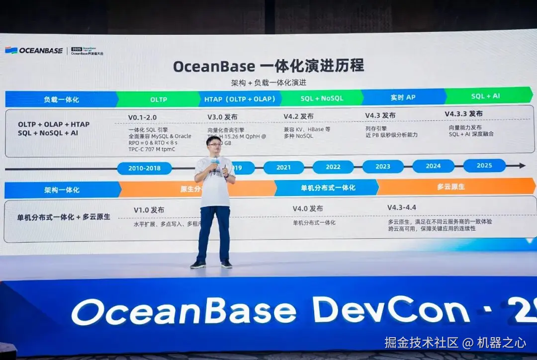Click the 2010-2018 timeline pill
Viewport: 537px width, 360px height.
click(144, 168)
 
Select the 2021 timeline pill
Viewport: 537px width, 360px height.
click(283, 168)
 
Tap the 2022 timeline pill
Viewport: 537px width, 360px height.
click(333, 167)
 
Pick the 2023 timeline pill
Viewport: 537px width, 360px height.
click(383, 167)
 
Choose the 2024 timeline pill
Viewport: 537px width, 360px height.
click(433, 166)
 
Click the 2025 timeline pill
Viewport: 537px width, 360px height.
click(484, 166)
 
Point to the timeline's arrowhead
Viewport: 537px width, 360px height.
click(522, 166)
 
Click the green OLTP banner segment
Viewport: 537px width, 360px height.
click(158, 99)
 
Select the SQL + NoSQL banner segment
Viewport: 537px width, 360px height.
click(322, 98)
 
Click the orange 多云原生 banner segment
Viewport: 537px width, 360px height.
click(450, 187)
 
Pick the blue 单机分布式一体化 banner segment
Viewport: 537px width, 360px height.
click(328, 188)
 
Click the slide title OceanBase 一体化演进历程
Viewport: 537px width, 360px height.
click(268, 66)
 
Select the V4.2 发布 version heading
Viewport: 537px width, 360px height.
click(298, 116)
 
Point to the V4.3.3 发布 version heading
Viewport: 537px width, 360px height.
click(463, 114)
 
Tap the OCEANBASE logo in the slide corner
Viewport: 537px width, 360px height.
click(34, 50)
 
